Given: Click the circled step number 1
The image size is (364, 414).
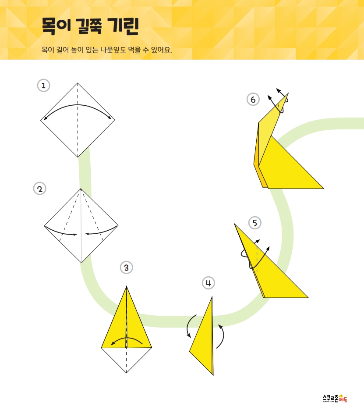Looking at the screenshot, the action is pyautogui.click(x=43, y=86).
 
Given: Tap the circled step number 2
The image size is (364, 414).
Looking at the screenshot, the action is pyautogui.click(x=39, y=189).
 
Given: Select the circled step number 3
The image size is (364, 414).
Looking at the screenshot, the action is pyautogui.click(x=126, y=268).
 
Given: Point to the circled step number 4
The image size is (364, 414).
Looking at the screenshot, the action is pyautogui.click(x=209, y=283).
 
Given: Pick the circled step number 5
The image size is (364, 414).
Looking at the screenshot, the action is pyautogui.click(x=255, y=223).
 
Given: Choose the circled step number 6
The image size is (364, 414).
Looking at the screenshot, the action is pyautogui.click(x=253, y=99).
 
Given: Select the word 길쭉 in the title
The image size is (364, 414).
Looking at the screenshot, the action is pyautogui.click(x=89, y=26).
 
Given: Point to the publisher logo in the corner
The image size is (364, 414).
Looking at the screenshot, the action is pyautogui.click(x=335, y=398).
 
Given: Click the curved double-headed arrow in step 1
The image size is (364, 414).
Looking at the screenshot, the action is pyautogui.click(x=78, y=105).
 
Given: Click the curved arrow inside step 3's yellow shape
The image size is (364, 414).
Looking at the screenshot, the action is pyautogui.click(x=127, y=338).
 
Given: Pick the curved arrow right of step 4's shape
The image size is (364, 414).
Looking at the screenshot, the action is pyautogui.click(x=223, y=336).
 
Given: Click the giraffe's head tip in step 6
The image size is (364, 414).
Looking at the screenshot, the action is pyautogui.click(x=288, y=93).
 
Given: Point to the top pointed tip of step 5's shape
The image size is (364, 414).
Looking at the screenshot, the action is pyautogui.click(x=234, y=224).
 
